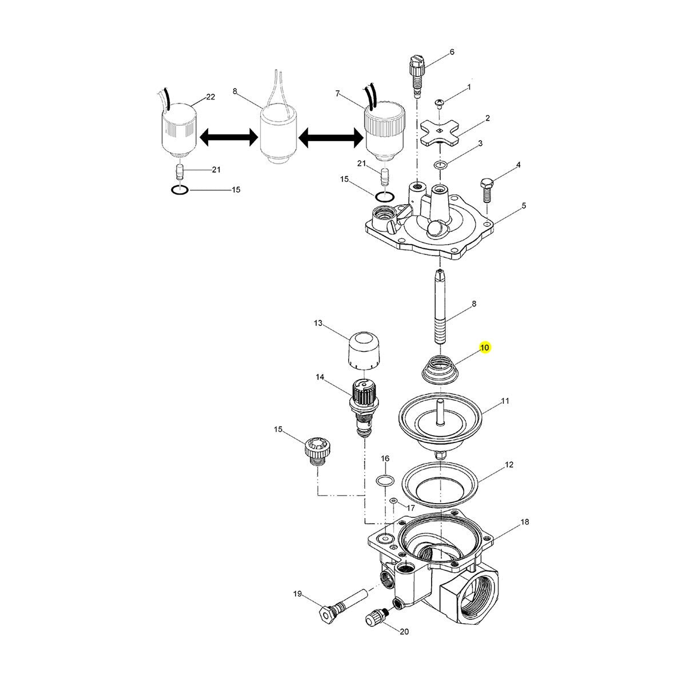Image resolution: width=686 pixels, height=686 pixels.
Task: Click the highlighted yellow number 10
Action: point(485,348)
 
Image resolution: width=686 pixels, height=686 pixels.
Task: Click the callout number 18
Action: point(524,523)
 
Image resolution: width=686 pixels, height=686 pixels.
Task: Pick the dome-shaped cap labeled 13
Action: point(364,350)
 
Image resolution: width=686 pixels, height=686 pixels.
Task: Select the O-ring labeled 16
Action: point(386,480)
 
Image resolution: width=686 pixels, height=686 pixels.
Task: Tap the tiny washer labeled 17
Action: point(393,501)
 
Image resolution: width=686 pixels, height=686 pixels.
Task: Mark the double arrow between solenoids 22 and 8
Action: point(228,137)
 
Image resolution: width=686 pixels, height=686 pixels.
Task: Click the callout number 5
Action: point(524,205)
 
